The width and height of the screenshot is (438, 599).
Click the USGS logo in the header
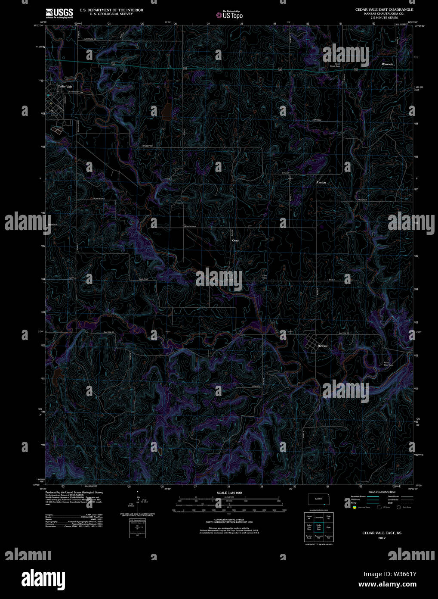[x=59, y=12]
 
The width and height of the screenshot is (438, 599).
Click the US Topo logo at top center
[x=229, y=15]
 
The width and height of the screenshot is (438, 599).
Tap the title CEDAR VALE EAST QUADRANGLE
[x=384, y=9]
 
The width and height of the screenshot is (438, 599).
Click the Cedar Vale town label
[x=65, y=87]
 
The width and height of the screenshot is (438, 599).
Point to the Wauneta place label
[x=388, y=64]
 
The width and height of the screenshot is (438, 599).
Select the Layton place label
[x=321, y=182]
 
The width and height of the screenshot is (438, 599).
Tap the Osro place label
[x=235, y=240]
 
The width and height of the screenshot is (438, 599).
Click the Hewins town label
[x=323, y=346]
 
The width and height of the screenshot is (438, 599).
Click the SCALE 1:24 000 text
[x=229, y=492]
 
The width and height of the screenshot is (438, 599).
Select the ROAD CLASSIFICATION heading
[x=382, y=492]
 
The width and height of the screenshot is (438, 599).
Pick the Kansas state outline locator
[x=318, y=499]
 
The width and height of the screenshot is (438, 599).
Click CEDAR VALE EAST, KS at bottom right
[x=382, y=533]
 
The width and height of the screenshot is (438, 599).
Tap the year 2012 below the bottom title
[x=382, y=538]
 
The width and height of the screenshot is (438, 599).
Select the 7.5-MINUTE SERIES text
[x=384, y=17]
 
